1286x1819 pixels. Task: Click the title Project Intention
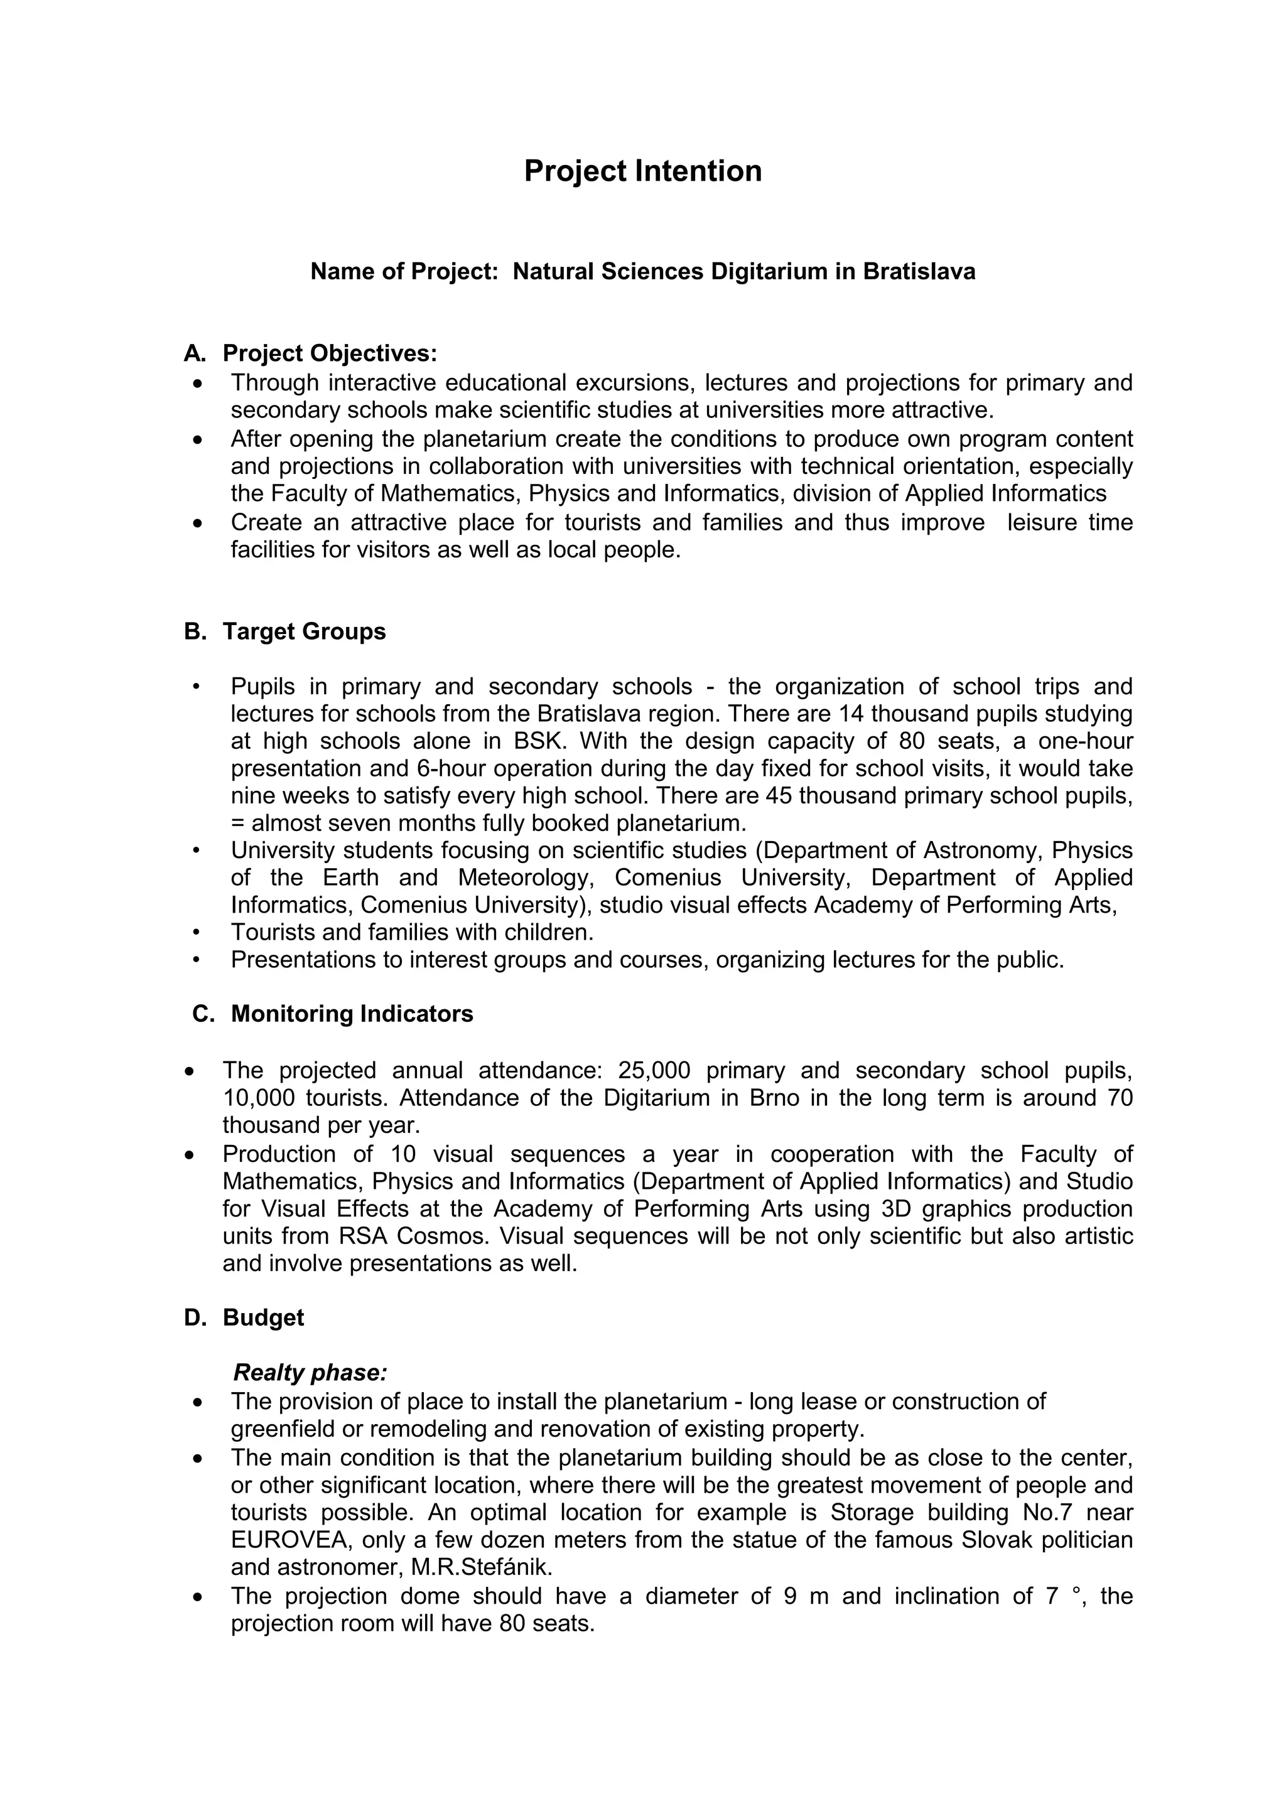[642, 171]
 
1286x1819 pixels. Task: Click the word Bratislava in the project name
[919, 272]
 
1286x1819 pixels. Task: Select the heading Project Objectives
[329, 353]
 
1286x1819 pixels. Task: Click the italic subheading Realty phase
[310, 1371]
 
